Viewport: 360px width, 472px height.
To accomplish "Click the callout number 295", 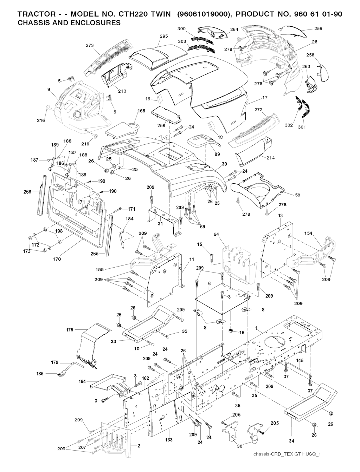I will tap(163, 36).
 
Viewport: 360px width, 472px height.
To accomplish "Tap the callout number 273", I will tap(90, 45).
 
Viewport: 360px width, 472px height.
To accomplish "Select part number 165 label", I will tap(141, 111).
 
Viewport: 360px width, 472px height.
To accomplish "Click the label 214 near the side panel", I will tap(270, 158).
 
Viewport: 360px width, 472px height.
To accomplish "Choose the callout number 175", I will tap(70, 330).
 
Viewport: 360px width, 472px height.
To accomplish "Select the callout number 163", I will tap(169, 439).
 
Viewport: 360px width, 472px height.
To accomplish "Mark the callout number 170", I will tap(57, 259).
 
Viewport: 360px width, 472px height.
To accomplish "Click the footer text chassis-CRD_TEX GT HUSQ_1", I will tap(287, 454).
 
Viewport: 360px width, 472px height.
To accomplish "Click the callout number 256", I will tap(161, 125).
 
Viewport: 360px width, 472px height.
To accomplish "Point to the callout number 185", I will tap(40, 374).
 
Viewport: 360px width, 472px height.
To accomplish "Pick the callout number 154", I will tap(308, 234).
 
